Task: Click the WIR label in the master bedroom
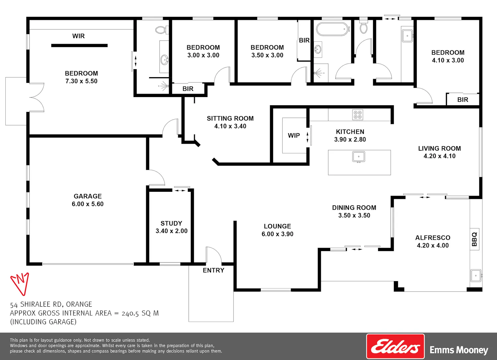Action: tap(78, 36)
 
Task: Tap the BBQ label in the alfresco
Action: tap(474, 239)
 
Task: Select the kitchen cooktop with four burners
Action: tap(358, 115)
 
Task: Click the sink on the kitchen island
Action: tap(359, 157)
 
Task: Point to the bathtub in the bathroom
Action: tap(332, 29)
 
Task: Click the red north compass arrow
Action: tap(20, 284)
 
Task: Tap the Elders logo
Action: tap(395, 346)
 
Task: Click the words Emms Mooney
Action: tap(459, 350)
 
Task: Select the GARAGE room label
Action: tap(88, 196)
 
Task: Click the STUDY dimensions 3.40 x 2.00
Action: tap(172, 231)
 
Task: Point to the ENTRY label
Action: tap(213, 270)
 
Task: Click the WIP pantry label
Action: tap(294, 135)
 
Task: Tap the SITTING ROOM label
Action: tap(230, 119)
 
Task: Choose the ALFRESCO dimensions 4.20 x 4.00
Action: tap(433, 245)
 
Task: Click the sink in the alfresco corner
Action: tap(476, 276)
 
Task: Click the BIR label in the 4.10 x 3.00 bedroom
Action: tap(463, 100)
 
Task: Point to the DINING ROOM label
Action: tap(354, 208)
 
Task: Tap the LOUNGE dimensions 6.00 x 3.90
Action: tap(277, 234)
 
